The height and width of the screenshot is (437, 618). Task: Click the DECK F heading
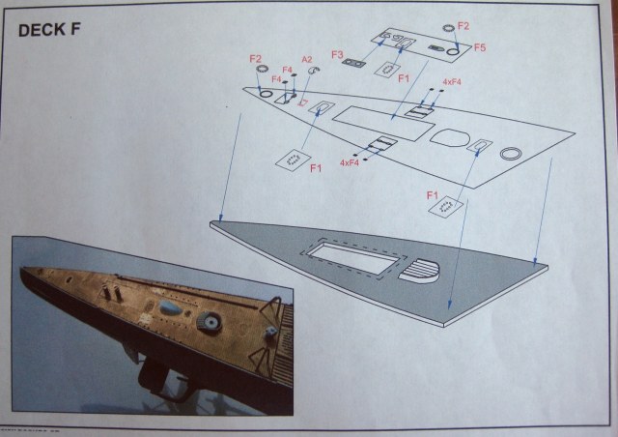(48, 29)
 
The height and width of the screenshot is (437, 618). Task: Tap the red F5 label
(480, 46)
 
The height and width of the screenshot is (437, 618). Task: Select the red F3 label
(337, 55)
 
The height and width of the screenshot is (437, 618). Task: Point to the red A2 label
(307, 60)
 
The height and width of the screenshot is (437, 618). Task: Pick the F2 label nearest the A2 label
(256, 59)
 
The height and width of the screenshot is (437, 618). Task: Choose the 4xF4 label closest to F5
(452, 81)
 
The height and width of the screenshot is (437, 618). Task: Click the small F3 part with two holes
(354, 64)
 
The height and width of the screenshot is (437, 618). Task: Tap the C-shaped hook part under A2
(309, 73)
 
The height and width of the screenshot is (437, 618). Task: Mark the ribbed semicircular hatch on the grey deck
(423, 271)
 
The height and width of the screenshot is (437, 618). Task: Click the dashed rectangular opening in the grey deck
(347, 255)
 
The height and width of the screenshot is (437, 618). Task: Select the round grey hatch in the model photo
(208, 321)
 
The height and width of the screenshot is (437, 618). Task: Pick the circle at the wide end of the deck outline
(511, 152)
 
